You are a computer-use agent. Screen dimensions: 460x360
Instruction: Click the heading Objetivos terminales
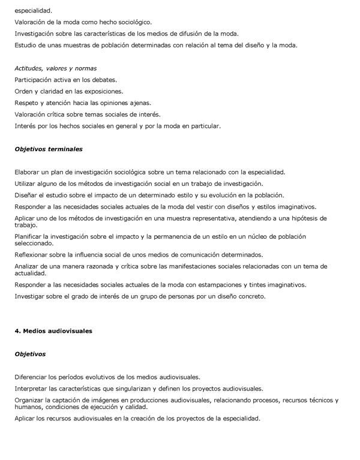(x=49, y=149)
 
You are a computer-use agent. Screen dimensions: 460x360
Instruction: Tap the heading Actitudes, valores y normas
(x=56, y=68)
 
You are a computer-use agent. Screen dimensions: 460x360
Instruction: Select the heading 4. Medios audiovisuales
(x=53, y=330)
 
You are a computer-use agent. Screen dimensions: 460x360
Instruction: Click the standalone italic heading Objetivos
(x=30, y=354)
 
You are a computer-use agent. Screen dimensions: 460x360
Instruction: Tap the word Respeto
(x=28, y=103)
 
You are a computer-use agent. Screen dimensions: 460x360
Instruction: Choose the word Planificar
(x=29, y=236)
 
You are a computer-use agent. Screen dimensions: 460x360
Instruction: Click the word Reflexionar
(x=32, y=255)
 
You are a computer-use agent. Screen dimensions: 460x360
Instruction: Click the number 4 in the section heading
(x=17, y=330)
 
